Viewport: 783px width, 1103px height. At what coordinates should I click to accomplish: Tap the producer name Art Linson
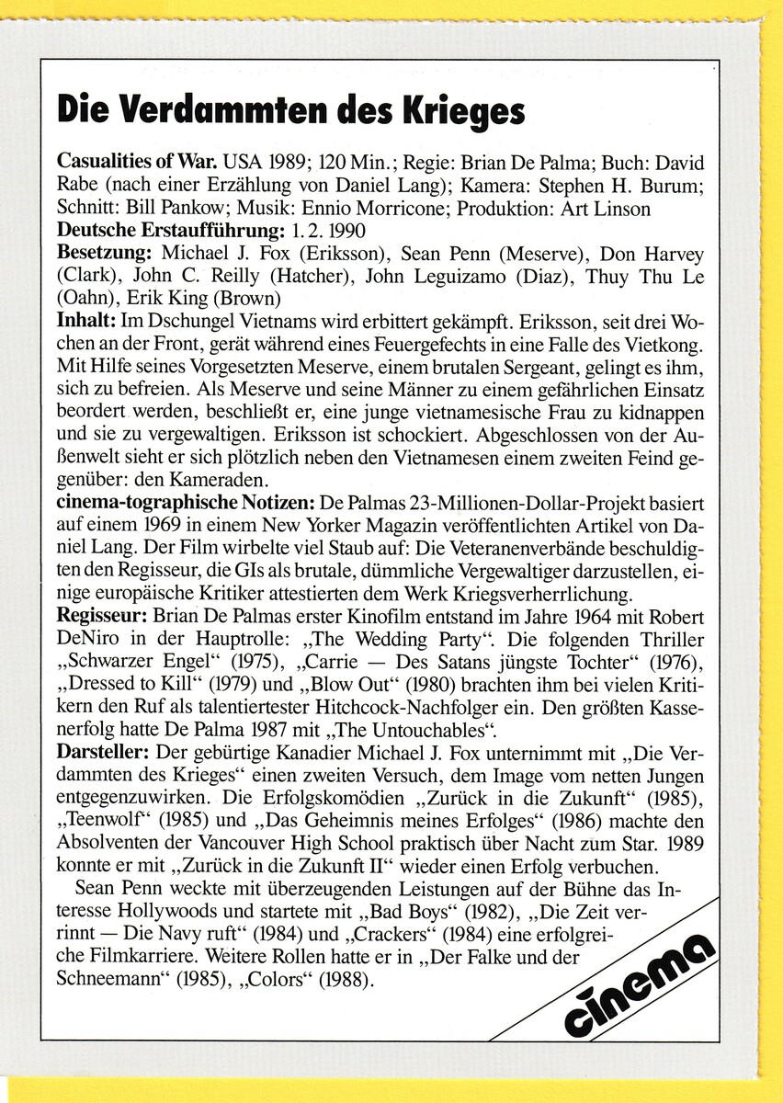[x=607, y=208]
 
